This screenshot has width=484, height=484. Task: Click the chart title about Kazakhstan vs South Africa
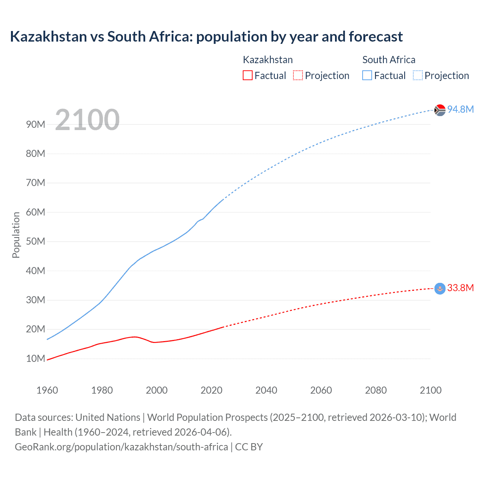[206, 37]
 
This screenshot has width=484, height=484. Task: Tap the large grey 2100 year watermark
[87, 120]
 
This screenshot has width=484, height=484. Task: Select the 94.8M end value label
[460, 109]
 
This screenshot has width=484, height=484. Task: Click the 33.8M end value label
[460, 288]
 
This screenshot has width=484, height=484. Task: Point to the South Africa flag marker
[440, 110]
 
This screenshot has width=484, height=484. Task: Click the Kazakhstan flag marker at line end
[440, 289]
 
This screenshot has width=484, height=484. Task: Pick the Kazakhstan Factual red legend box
[247, 75]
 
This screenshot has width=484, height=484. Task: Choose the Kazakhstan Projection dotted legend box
[298, 75]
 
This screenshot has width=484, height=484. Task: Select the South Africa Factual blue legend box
[367, 75]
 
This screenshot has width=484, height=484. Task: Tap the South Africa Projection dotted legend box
[417, 75]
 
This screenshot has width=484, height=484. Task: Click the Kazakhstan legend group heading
[268, 60]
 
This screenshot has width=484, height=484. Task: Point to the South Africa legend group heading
[389, 60]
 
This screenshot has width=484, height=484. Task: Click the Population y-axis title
[16, 235]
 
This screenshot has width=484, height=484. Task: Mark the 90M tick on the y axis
[36, 124]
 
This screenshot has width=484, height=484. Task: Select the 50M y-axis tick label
[36, 241]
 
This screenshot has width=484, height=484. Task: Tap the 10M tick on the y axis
[36, 358]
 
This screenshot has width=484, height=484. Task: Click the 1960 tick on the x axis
[47, 390]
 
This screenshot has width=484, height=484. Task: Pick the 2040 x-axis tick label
[266, 390]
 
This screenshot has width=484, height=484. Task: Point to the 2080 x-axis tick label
[376, 390]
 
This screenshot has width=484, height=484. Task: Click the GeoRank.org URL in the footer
[121, 447]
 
